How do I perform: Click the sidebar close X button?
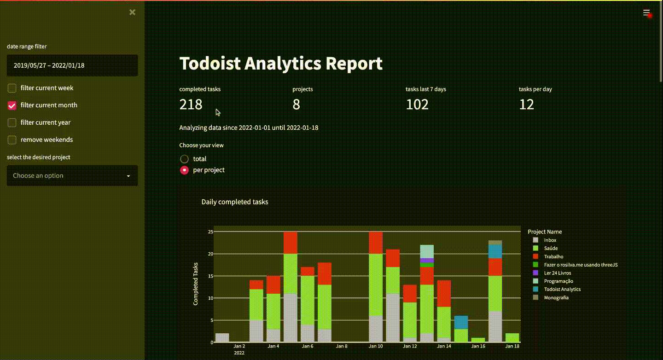tap(132, 12)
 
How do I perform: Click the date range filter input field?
tap(72, 65)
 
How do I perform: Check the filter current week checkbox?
tap(12, 88)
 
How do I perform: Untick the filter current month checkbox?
tap(12, 105)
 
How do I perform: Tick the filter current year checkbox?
tap(12, 122)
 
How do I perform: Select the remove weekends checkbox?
tap(12, 140)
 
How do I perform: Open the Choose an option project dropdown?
tap(72, 176)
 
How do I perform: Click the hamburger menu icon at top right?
tap(646, 13)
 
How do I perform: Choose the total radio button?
tap(184, 159)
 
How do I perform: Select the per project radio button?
tap(184, 170)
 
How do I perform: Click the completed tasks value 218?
tap(191, 105)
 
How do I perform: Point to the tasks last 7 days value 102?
tap(417, 105)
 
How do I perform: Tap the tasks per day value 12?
tap(526, 105)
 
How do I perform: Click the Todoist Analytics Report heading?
tap(281, 64)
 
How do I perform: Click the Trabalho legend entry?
tap(553, 256)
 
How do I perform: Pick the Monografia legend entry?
tap(556, 297)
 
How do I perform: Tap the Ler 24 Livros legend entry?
tap(557, 273)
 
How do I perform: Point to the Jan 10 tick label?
tap(376, 346)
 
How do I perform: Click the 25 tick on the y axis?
tap(210, 232)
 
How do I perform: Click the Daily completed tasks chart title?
tap(235, 202)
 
